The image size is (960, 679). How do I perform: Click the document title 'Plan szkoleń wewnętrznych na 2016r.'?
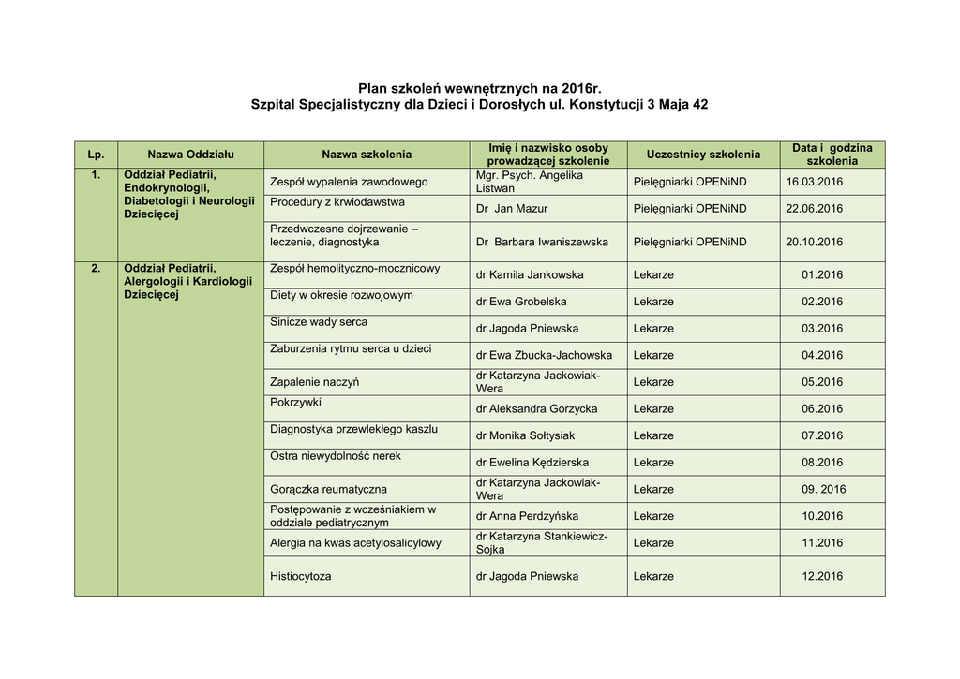(x=479, y=88)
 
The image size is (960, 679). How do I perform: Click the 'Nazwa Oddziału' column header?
(x=190, y=155)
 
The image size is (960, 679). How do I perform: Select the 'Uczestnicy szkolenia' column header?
(x=703, y=155)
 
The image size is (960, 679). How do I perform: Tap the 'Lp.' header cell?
(x=96, y=155)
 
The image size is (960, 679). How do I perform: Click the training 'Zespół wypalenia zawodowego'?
(x=349, y=182)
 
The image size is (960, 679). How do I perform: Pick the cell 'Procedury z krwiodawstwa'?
(x=337, y=202)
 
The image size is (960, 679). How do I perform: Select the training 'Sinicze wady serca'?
(x=319, y=322)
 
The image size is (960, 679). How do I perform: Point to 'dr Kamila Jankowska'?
(x=530, y=275)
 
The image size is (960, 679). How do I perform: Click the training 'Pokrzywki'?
(x=295, y=402)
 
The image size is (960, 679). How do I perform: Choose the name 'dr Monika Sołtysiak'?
(x=525, y=435)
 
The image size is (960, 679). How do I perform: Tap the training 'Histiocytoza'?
(x=301, y=577)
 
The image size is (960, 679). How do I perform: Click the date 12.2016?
(x=822, y=577)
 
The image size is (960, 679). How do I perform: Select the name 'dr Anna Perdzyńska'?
(x=527, y=516)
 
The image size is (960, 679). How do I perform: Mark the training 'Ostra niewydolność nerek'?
(x=336, y=456)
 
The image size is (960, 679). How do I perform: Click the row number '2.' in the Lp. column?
(x=96, y=269)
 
